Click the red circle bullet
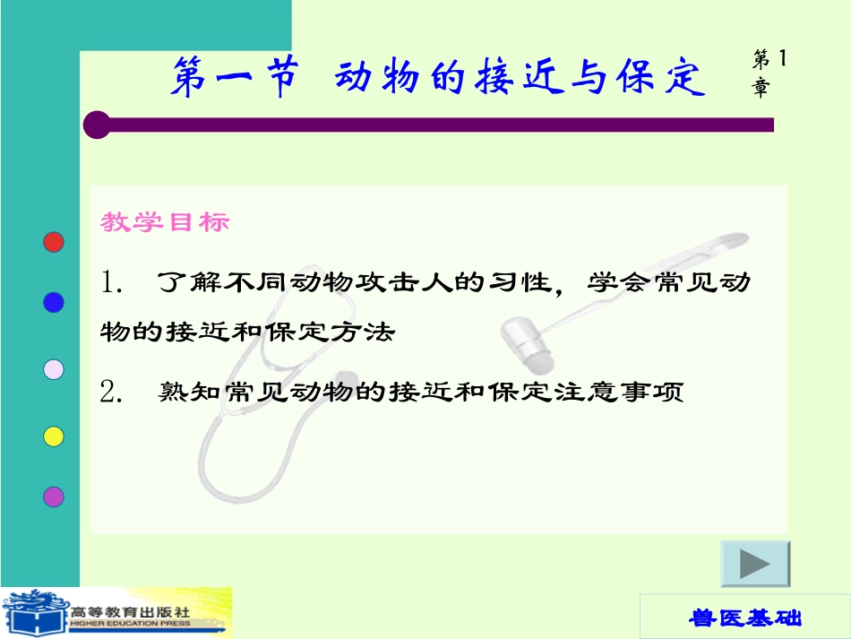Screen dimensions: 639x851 (x=54, y=242)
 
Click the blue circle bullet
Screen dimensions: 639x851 (x=54, y=303)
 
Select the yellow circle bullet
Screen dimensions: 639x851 (x=54, y=436)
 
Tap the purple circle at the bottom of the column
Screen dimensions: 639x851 (x=54, y=496)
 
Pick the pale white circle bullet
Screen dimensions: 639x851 (x=54, y=369)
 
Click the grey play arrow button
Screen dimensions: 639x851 (x=755, y=565)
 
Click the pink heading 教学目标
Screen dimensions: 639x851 (x=165, y=222)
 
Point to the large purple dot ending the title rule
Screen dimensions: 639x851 (x=97, y=125)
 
